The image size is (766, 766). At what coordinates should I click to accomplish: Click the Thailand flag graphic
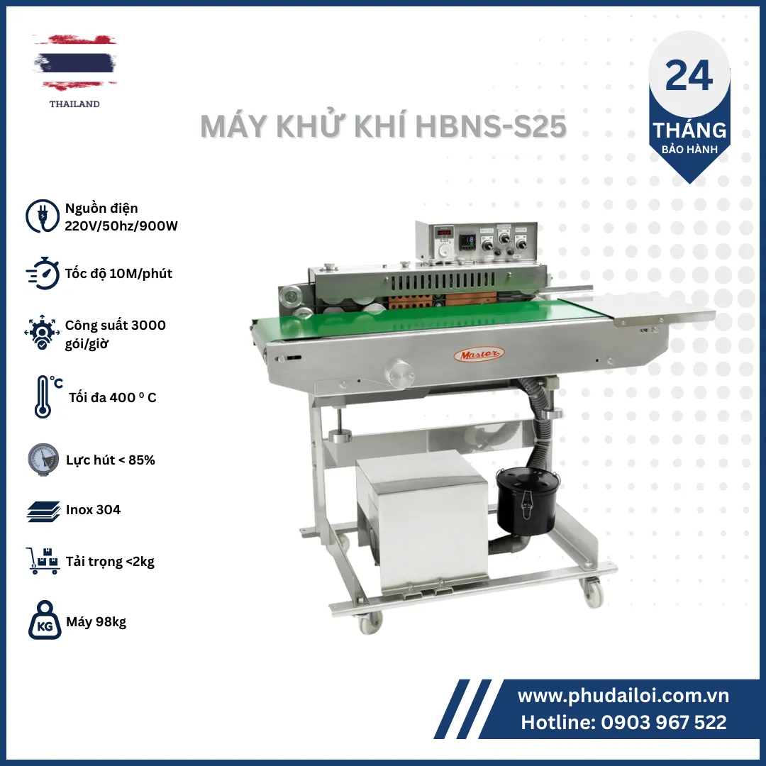[74, 62]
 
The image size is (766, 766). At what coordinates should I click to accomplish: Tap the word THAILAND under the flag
[74, 104]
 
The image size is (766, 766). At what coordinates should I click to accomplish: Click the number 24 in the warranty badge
[689, 76]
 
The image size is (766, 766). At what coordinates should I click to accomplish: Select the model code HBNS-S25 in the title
[491, 126]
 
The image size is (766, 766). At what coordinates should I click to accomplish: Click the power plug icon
[43, 216]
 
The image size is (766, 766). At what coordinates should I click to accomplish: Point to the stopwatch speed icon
[43, 273]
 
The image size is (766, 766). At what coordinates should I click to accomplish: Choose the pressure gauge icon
[43, 460]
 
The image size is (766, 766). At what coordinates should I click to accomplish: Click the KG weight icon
[45, 621]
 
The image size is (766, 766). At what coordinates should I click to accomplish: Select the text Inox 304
[94, 509]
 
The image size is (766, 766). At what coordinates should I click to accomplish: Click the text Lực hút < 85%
[111, 460]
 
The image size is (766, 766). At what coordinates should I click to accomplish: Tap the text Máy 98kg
[96, 622]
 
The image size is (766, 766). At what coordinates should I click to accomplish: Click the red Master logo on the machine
[479, 354]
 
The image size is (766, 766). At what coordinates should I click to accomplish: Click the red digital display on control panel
[444, 233]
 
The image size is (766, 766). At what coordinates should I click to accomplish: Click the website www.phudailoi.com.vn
[623, 696]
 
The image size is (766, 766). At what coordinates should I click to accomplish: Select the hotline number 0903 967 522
[664, 722]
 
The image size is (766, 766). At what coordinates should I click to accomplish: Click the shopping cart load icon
[43, 560]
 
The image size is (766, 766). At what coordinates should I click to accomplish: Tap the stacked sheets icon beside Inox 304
[43, 511]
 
